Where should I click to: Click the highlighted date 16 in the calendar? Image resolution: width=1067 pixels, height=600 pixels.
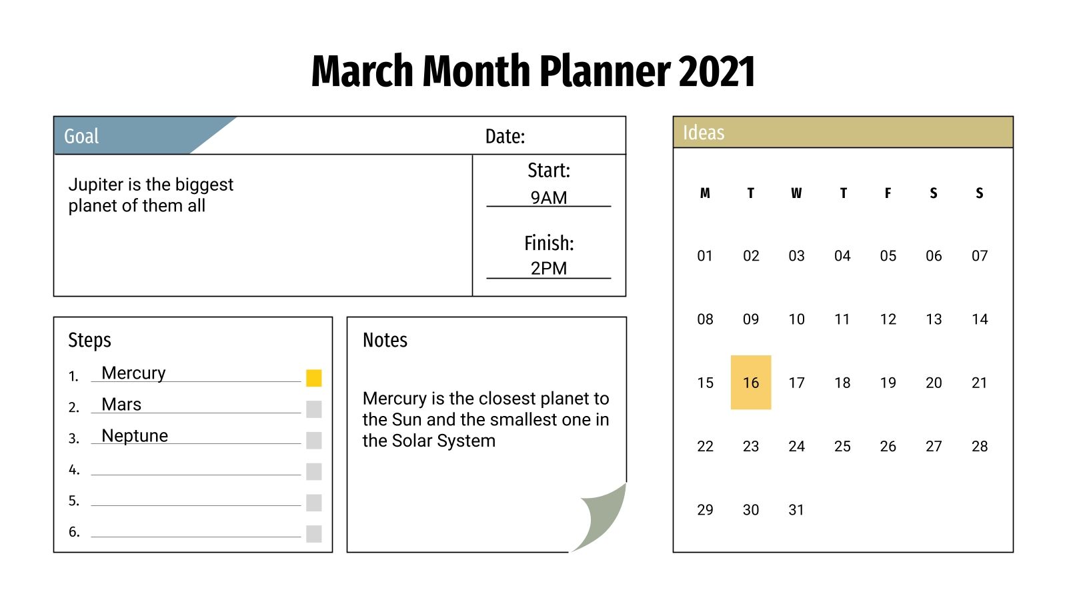point(751,383)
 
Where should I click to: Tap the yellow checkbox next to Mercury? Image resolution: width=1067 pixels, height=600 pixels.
point(314,378)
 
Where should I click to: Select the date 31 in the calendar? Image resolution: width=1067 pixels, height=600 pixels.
point(796,510)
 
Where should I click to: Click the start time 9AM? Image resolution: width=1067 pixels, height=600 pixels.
point(549,198)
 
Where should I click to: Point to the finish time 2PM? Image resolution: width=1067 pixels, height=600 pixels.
point(549,269)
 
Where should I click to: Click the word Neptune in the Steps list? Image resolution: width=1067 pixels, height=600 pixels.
point(135,436)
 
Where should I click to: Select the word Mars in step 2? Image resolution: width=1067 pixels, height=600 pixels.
point(121,405)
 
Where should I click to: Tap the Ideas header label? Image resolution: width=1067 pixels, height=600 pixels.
point(704,133)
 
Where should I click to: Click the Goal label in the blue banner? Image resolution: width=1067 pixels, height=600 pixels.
point(81,137)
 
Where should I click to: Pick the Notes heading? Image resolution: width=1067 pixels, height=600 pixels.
point(385,340)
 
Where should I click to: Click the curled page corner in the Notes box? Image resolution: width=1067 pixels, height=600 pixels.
point(603,516)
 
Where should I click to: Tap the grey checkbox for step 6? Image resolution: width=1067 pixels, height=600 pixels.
point(314,533)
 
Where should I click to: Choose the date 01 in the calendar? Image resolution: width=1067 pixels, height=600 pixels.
point(705,256)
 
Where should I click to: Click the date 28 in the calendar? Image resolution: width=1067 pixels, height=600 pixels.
point(979,447)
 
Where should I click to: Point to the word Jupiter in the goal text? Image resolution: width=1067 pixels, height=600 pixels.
point(96,185)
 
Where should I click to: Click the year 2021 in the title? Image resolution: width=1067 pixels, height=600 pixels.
point(717,71)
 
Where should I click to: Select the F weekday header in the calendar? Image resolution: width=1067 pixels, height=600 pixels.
point(888,193)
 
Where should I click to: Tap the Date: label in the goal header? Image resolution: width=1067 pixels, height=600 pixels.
point(505,137)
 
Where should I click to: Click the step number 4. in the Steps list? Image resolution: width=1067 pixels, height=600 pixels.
point(74,470)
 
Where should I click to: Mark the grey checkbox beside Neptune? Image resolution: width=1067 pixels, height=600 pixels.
point(314,440)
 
